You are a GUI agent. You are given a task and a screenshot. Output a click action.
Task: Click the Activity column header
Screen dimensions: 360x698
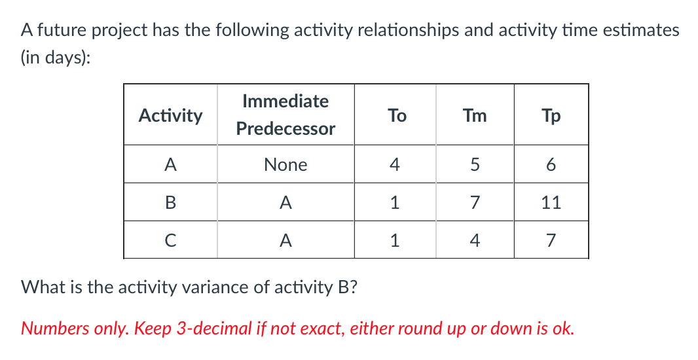coord(170,116)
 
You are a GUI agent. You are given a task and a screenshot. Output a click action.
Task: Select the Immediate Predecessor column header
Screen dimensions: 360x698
coord(285,115)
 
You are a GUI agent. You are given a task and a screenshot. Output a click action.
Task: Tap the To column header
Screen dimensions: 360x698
coord(396,116)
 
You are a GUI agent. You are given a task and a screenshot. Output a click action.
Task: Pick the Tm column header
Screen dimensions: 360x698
coord(475,116)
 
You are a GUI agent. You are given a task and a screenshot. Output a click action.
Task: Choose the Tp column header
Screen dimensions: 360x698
coord(551,116)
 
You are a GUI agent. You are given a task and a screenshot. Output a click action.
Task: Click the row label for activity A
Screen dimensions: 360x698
coord(170,165)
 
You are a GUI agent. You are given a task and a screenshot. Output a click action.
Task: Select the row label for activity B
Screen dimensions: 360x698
coord(170,203)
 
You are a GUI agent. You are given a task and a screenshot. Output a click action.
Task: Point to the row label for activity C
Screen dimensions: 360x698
coord(170,241)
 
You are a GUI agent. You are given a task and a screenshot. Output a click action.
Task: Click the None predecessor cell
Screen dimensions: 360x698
coord(285,165)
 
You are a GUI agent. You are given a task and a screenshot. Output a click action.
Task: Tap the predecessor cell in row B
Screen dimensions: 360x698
coord(285,203)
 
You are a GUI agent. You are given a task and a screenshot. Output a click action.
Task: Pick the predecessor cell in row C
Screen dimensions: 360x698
coord(285,241)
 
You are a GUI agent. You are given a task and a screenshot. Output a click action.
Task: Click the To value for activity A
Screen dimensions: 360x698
coord(394,165)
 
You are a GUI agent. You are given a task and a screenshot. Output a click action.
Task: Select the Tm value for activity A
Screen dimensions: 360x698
coord(475,165)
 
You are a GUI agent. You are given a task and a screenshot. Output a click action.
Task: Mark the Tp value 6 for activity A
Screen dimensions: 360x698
coord(551,165)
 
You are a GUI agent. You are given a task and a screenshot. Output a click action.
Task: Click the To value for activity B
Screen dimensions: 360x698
coord(394,203)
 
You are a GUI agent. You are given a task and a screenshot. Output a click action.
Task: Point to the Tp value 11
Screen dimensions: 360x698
coord(551,203)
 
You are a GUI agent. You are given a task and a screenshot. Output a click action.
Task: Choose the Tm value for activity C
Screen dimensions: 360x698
coord(475,241)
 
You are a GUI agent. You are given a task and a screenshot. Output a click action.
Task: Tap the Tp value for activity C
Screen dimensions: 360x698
coord(551,241)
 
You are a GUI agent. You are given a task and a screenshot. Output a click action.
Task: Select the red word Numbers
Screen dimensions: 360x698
coord(50,327)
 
